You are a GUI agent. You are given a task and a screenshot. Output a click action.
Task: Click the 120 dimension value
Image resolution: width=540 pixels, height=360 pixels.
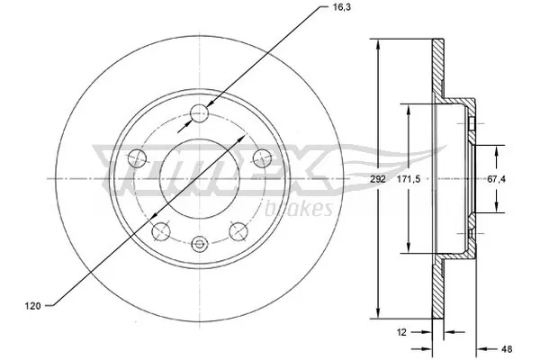pos(31,307)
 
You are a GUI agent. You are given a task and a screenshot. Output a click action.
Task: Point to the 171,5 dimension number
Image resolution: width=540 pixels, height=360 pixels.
pos(411,180)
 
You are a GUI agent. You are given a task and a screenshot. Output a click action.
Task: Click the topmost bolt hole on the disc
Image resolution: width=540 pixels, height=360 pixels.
pos(200,113)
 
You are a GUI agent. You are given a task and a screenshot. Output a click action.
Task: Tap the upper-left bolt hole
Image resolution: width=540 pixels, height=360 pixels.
pos(138,159)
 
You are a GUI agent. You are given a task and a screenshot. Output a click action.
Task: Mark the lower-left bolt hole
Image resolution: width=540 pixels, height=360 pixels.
pos(161,230)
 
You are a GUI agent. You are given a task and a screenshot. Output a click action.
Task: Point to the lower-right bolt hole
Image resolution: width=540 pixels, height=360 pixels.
pos(238,230)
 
